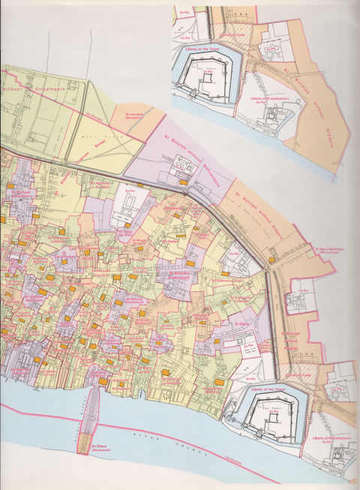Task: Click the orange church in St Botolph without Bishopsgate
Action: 183,182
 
